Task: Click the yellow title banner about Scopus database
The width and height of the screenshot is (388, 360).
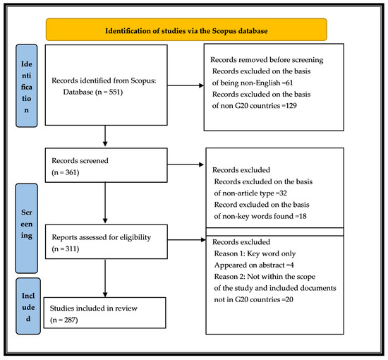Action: tap(186, 30)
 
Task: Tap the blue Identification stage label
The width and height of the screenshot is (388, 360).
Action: tap(27, 85)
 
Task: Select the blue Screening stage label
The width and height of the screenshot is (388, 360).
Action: tap(27, 228)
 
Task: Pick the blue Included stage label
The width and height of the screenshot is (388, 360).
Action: tap(28, 306)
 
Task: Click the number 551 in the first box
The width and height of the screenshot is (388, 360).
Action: tap(114, 92)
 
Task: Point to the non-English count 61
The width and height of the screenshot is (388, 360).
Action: tap(289, 83)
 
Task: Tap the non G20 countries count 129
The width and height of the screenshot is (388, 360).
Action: tap(291, 106)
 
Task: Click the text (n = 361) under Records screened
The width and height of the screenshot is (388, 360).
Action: tap(66, 172)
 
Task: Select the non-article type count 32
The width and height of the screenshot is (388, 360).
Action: tap(283, 193)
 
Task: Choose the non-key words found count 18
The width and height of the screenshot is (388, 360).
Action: tap(303, 216)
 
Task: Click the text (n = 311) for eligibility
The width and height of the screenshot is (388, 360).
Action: tap(66, 248)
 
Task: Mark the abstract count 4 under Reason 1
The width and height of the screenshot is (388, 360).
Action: tap(292, 265)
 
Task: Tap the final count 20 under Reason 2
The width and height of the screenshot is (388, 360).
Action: tap(289, 299)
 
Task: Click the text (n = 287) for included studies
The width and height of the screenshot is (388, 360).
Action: tap(63, 320)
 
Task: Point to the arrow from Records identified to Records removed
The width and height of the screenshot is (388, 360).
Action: tap(186, 85)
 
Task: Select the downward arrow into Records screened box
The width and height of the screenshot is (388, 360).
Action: tap(105, 136)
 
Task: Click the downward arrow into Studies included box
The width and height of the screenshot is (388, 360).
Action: tap(105, 278)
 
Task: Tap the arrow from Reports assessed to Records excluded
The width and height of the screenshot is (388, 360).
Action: tap(186, 240)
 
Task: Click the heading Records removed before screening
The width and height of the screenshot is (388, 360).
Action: tap(267, 60)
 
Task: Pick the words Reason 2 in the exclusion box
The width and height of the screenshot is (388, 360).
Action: tap(229, 277)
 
